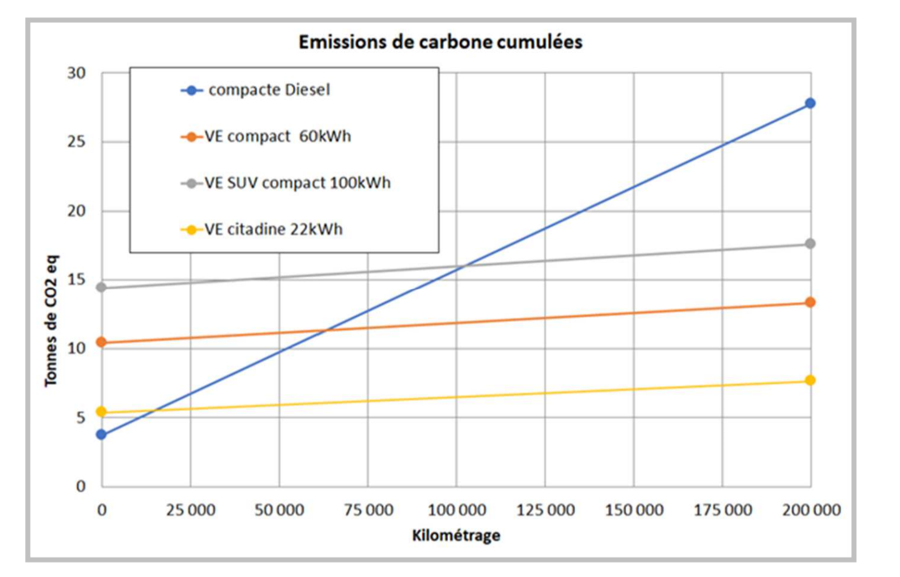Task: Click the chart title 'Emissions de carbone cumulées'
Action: (x=440, y=42)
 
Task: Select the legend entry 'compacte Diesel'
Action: (x=269, y=90)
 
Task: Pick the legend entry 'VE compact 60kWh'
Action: (x=277, y=136)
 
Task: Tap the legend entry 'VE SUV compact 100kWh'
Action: (x=297, y=183)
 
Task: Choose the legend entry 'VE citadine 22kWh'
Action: (x=274, y=229)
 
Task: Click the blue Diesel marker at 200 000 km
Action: (x=810, y=103)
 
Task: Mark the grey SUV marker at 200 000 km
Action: (x=810, y=243)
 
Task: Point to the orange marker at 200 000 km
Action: (x=810, y=302)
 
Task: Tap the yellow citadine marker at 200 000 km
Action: (x=810, y=380)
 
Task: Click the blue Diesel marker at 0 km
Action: (x=101, y=434)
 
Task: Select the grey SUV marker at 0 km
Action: (x=101, y=288)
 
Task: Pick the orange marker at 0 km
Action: (x=101, y=342)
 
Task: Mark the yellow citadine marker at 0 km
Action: (x=101, y=411)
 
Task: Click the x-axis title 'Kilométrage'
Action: (x=456, y=536)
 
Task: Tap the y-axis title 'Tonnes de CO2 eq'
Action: (x=51, y=321)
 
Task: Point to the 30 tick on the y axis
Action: (x=76, y=73)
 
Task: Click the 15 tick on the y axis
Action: (x=76, y=279)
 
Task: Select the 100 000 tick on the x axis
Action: (x=457, y=510)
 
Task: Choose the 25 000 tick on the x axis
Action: (x=191, y=510)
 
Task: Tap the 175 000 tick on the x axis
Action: (x=722, y=510)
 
